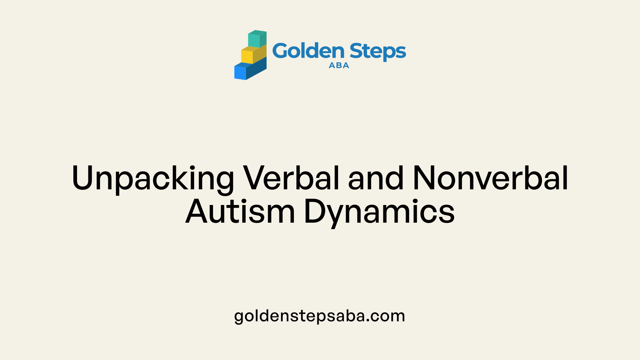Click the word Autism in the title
click(x=240, y=211)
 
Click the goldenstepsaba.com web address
click(x=320, y=316)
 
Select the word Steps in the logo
click(x=378, y=52)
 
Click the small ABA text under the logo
click(x=339, y=66)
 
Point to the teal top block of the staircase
click(x=257, y=39)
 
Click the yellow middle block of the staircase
click(x=254, y=54)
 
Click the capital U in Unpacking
click(x=83, y=178)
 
